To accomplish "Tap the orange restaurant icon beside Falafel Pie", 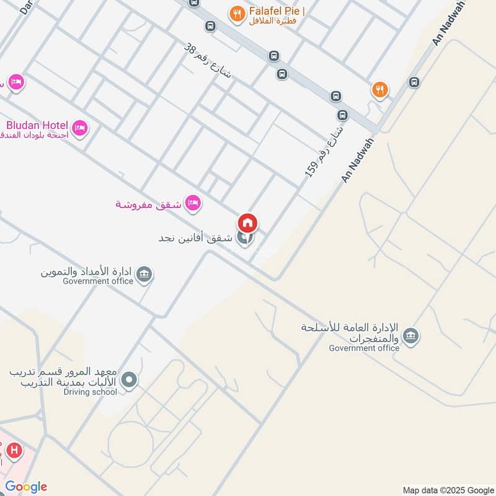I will pos(236,13).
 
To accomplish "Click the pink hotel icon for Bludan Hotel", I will pos(79,128).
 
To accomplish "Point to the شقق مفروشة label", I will pos(148,204).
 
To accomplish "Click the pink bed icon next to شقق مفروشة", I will pos(193,201).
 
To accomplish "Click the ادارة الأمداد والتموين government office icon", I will pos(144,274).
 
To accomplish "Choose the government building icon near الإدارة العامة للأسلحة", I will pos(410,337).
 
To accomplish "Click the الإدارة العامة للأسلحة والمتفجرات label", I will pos(348,333).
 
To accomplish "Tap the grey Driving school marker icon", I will pos(129,379).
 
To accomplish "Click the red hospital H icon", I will pos(14,451).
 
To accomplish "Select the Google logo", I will pos(25,487).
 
